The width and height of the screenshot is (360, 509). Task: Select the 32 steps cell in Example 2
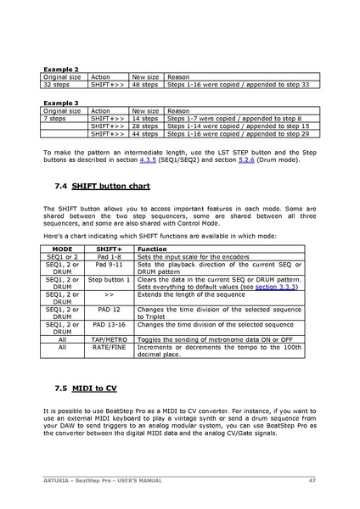54,85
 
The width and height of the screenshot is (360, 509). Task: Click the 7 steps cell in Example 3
53,119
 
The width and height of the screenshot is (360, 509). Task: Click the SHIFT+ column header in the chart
110,249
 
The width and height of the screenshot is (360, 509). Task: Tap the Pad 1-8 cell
110,256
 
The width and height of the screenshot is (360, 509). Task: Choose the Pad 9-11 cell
110,265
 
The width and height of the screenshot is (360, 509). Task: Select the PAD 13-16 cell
110,324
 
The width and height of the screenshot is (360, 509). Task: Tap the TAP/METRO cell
110,338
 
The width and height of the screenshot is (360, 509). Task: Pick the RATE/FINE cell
110,346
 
